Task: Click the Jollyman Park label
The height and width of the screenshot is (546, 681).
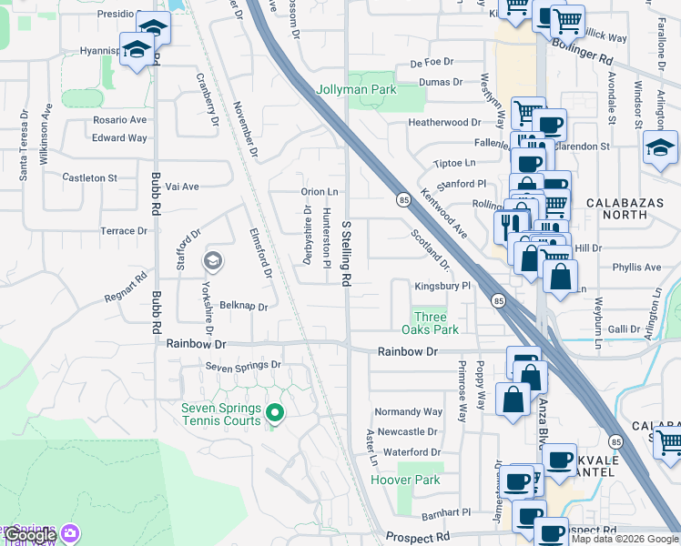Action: point(356,90)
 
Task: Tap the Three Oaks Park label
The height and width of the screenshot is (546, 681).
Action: point(430,323)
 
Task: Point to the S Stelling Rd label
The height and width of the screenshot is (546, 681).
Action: point(346,254)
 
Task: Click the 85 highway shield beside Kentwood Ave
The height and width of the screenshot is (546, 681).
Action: point(401,198)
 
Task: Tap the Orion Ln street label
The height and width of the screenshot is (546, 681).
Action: point(320,192)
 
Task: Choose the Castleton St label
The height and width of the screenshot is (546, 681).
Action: point(89,178)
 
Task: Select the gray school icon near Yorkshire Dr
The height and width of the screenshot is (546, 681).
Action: point(213,262)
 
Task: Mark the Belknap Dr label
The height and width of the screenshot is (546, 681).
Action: point(244,307)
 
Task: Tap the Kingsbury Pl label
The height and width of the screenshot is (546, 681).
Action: point(442,286)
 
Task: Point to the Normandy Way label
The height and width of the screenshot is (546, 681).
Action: point(408,411)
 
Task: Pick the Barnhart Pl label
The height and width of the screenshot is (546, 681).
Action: point(445,513)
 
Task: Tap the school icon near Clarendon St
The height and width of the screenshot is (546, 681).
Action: point(660,148)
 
